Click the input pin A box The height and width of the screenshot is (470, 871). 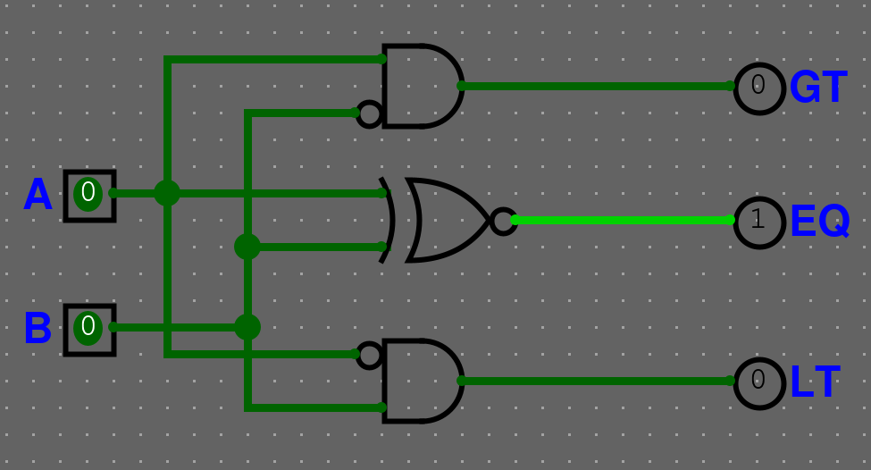(89, 195)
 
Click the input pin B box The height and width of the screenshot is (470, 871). (89, 329)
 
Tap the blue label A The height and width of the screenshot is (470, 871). (38, 195)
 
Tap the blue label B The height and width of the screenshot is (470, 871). (38, 329)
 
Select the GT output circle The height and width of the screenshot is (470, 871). (758, 87)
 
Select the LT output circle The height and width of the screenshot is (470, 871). (758, 382)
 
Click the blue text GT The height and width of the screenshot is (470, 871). (817, 88)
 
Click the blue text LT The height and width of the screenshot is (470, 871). (815, 382)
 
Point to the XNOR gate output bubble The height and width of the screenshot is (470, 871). (504, 221)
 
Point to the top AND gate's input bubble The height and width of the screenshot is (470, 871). (369, 113)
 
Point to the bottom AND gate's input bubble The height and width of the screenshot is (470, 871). (369, 355)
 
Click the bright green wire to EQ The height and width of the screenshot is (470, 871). (625, 220)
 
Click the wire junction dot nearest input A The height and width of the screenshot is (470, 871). (167, 193)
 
